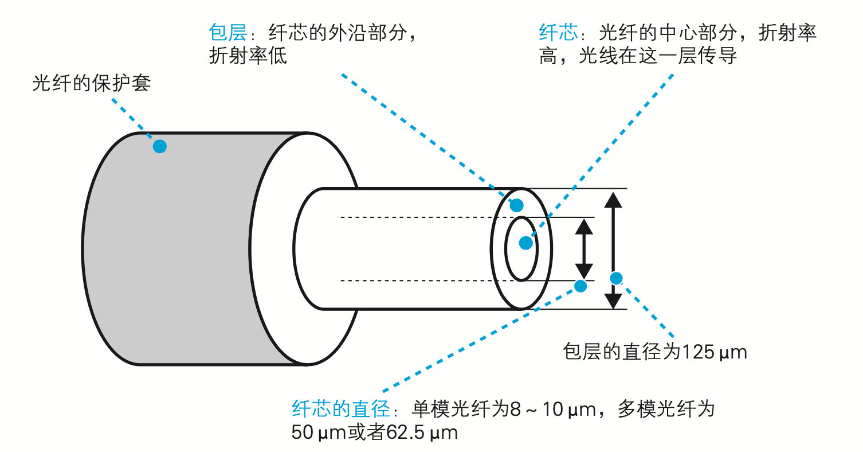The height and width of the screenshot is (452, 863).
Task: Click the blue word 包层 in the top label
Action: pos(227,32)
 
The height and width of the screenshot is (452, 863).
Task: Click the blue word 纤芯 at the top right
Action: pos(558,32)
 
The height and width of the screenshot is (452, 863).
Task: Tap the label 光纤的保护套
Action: pos(91,83)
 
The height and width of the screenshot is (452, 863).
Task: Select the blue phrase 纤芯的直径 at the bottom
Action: pos(342,409)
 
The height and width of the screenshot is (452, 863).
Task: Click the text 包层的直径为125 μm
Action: pos(655,352)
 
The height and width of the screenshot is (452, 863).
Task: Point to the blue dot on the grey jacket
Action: pos(159,146)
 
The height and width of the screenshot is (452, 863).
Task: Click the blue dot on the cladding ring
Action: pos(517,205)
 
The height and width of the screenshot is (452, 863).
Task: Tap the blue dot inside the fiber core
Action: pos(526,243)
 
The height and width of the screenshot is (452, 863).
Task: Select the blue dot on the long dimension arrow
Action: pos(616,278)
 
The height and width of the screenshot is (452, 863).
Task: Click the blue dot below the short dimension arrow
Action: pos(580,286)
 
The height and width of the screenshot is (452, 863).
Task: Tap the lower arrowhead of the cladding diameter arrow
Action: pos(613,301)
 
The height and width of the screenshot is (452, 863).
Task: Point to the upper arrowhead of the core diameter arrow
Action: pos(584,227)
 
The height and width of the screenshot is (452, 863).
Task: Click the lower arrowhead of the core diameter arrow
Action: pos(584,271)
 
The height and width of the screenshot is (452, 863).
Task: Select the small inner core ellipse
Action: pos(505,249)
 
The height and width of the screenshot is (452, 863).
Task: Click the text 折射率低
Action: pos(248,56)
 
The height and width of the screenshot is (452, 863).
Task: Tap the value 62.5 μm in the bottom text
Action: pos(422,432)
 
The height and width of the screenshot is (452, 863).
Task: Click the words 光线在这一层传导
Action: pos(658,56)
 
